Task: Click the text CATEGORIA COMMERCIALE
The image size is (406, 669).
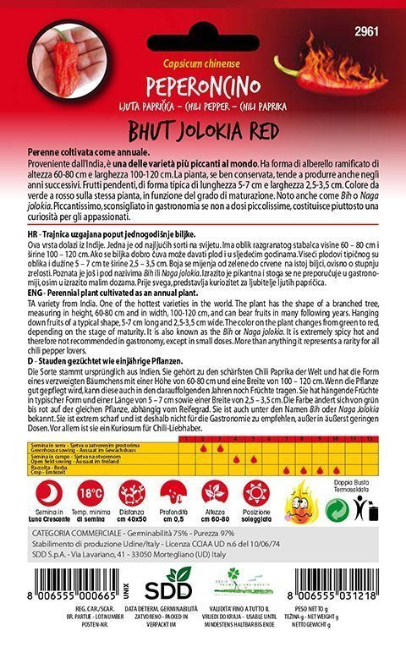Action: point(74,537)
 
